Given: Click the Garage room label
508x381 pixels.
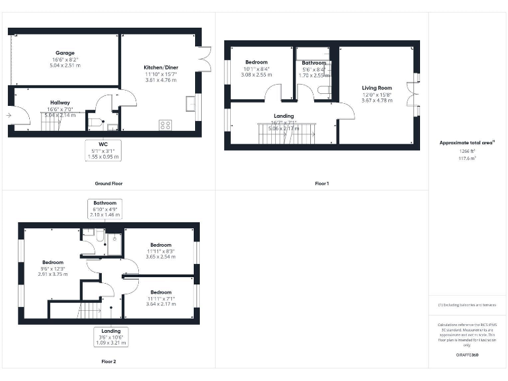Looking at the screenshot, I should pyautogui.click(x=65, y=53).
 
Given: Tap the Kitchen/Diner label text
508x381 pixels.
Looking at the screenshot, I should pyautogui.click(x=161, y=67).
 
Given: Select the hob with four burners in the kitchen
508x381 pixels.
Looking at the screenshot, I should pyautogui.click(x=165, y=124).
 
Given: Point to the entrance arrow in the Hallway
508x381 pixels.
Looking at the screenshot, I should pyautogui.click(x=9, y=116).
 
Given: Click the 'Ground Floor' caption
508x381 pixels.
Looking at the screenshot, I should pyautogui.click(x=108, y=183).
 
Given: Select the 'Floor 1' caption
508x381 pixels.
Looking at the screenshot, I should pyautogui.click(x=321, y=183).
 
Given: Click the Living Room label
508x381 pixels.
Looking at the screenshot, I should pyautogui.click(x=376, y=88).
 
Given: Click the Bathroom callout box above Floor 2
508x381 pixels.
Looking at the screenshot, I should pyautogui.click(x=105, y=209).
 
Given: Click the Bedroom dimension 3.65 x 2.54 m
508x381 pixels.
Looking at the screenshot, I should pyautogui.click(x=160, y=257).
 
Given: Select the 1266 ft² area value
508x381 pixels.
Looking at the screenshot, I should pyautogui.click(x=467, y=151).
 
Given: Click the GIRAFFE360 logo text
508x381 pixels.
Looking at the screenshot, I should pyautogui.click(x=467, y=356).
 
